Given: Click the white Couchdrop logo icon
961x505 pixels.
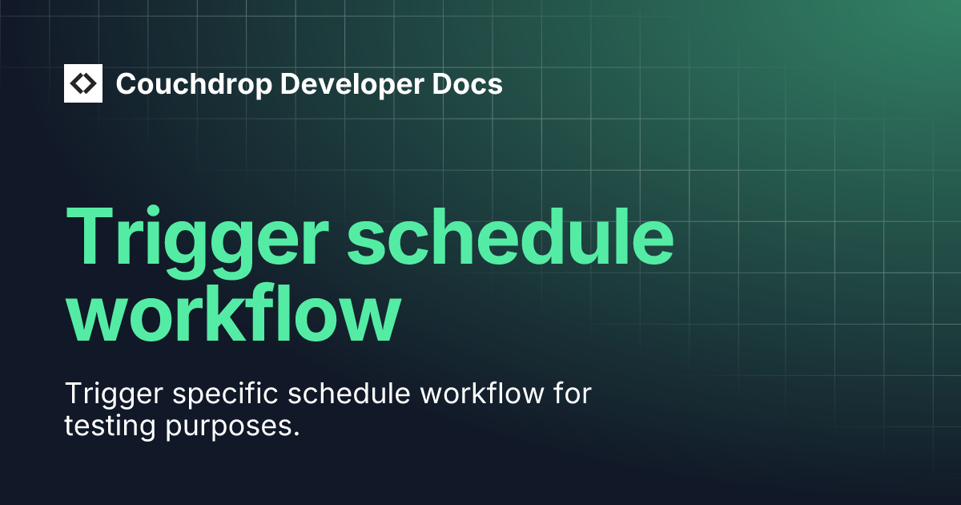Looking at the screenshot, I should [x=83, y=83].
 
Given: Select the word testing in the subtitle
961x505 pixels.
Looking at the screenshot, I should [x=109, y=426].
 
